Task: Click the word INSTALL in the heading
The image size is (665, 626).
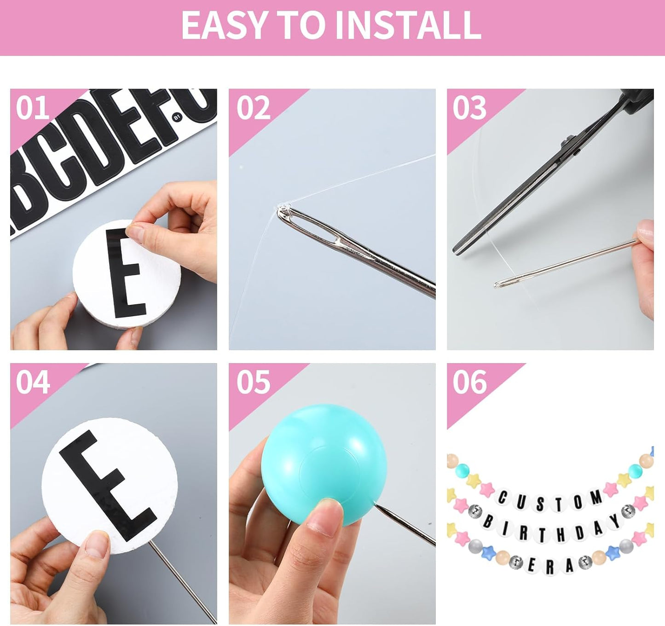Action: coord(408,26)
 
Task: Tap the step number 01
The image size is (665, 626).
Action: coord(32,109)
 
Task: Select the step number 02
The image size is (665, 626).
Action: coord(253,109)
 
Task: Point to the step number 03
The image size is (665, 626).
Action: coord(469,109)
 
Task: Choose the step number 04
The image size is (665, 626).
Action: coord(32,382)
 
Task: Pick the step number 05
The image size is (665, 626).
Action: coord(253,382)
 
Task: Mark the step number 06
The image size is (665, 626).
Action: coord(469,382)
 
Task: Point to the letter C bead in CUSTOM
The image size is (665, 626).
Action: coord(503,498)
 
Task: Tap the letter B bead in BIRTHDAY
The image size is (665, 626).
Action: coord(488,522)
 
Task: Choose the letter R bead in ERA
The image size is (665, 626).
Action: coord(549,568)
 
